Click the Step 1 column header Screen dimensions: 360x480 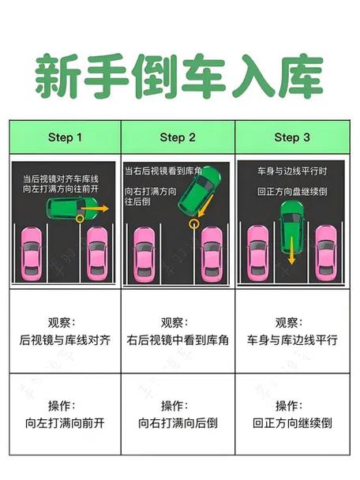coord(65,137)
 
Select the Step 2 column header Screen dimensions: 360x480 coord(178,137)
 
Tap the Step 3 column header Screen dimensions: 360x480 coord(292,137)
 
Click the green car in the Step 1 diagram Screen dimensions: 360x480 coord(73,208)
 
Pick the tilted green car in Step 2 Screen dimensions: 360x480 coord(199,190)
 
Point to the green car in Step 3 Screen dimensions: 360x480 coord(292,227)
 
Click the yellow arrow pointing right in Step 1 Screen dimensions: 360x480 coord(95,208)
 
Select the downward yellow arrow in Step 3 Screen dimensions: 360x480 coord(292,250)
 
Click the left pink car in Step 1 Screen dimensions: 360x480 coord(31,254)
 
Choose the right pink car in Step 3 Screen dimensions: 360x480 coord(326,253)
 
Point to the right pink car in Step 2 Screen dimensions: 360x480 coord(212,254)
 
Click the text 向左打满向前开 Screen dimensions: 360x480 coord(65,423)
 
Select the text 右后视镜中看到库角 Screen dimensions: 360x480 coord(178,340)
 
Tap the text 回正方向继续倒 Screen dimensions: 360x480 coord(292,423)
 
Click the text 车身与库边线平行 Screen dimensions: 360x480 coord(292,340)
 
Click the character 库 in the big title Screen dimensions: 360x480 coord(302,77)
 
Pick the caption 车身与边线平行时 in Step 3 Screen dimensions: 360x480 coord(292,171)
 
